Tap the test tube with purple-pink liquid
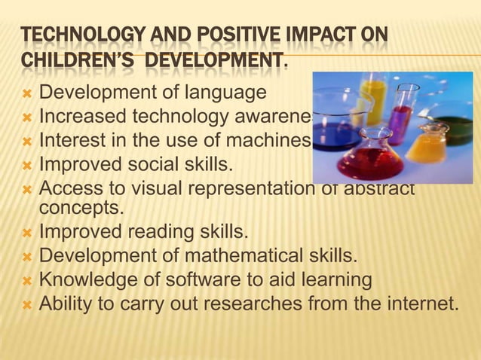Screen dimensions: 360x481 coord(401,117)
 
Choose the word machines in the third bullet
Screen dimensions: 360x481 coord(271,140)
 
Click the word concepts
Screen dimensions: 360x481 coord(72,206)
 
